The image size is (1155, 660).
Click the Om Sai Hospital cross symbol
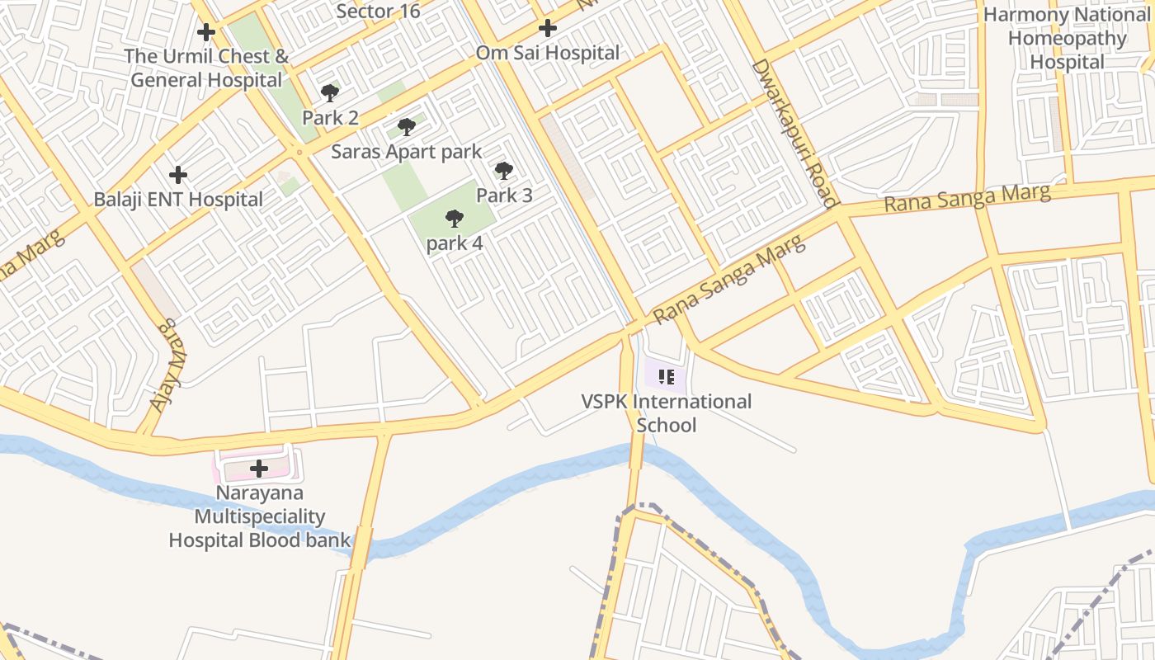click(547, 29)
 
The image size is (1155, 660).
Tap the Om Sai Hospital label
click(547, 53)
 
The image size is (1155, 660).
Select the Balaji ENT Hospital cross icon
click(177, 175)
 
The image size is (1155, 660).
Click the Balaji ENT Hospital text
click(178, 199)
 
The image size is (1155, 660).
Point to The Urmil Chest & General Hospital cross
click(206, 32)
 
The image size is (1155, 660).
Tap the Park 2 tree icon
click(330, 92)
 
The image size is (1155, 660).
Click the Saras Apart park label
click(406, 152)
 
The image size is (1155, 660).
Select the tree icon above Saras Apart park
click(406, 127)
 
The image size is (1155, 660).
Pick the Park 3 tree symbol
click(504, 171)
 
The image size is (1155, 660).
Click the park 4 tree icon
click(454, 219)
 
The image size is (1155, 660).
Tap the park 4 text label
click(455, 243)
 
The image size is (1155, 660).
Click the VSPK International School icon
click(667, 378)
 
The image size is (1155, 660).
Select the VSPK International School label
click(667, 413)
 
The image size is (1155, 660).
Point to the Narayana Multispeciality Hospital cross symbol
click(259, 469)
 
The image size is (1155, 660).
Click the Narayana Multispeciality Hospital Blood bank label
click(259, 517)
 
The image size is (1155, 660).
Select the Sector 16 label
click(378, 11)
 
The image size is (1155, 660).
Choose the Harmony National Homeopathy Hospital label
click(1067, 38)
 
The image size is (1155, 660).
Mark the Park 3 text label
click(504, 196)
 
